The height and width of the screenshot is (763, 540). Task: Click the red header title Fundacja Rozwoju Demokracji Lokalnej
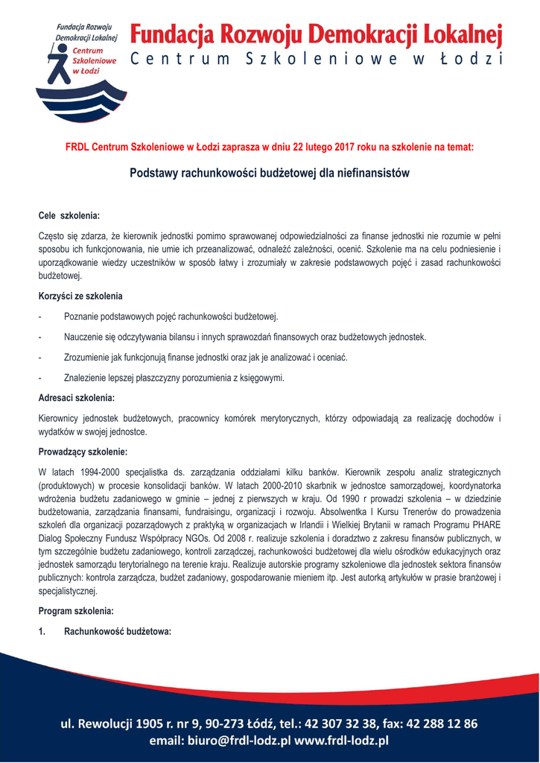pos(317,34)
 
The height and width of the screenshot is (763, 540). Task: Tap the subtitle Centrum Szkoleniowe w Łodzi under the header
pos(317,60)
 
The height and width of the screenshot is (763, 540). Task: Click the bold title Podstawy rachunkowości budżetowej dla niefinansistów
pos(270,173)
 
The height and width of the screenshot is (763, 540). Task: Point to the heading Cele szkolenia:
pos(69,215)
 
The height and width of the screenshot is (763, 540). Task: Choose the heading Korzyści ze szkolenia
pos(80,296)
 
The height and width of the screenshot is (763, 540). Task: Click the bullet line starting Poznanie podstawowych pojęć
pos(171,317)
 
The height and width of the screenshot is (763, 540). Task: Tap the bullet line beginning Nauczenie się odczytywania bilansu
pos(245,337)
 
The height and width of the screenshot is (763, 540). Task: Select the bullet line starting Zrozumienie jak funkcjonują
pos(206,357)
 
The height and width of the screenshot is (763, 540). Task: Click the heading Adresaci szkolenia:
pos(76,398)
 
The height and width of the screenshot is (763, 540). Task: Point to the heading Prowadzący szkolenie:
pos(83,451)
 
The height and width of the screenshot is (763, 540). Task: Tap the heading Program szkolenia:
pos(76,611)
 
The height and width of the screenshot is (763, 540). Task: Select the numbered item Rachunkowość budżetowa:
pos(118,631)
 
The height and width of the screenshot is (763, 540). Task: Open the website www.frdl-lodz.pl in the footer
pos(342,741)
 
